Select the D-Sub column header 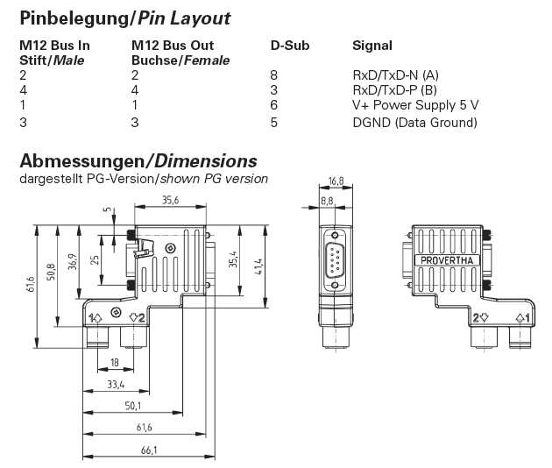[x=290, y=45]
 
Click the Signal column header [x=372, y=45]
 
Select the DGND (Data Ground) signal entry [x=414, y=123]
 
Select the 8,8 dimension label [x=328, y=202]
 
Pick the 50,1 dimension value [x=133, y=406]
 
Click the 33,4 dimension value [x=114, y=384]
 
